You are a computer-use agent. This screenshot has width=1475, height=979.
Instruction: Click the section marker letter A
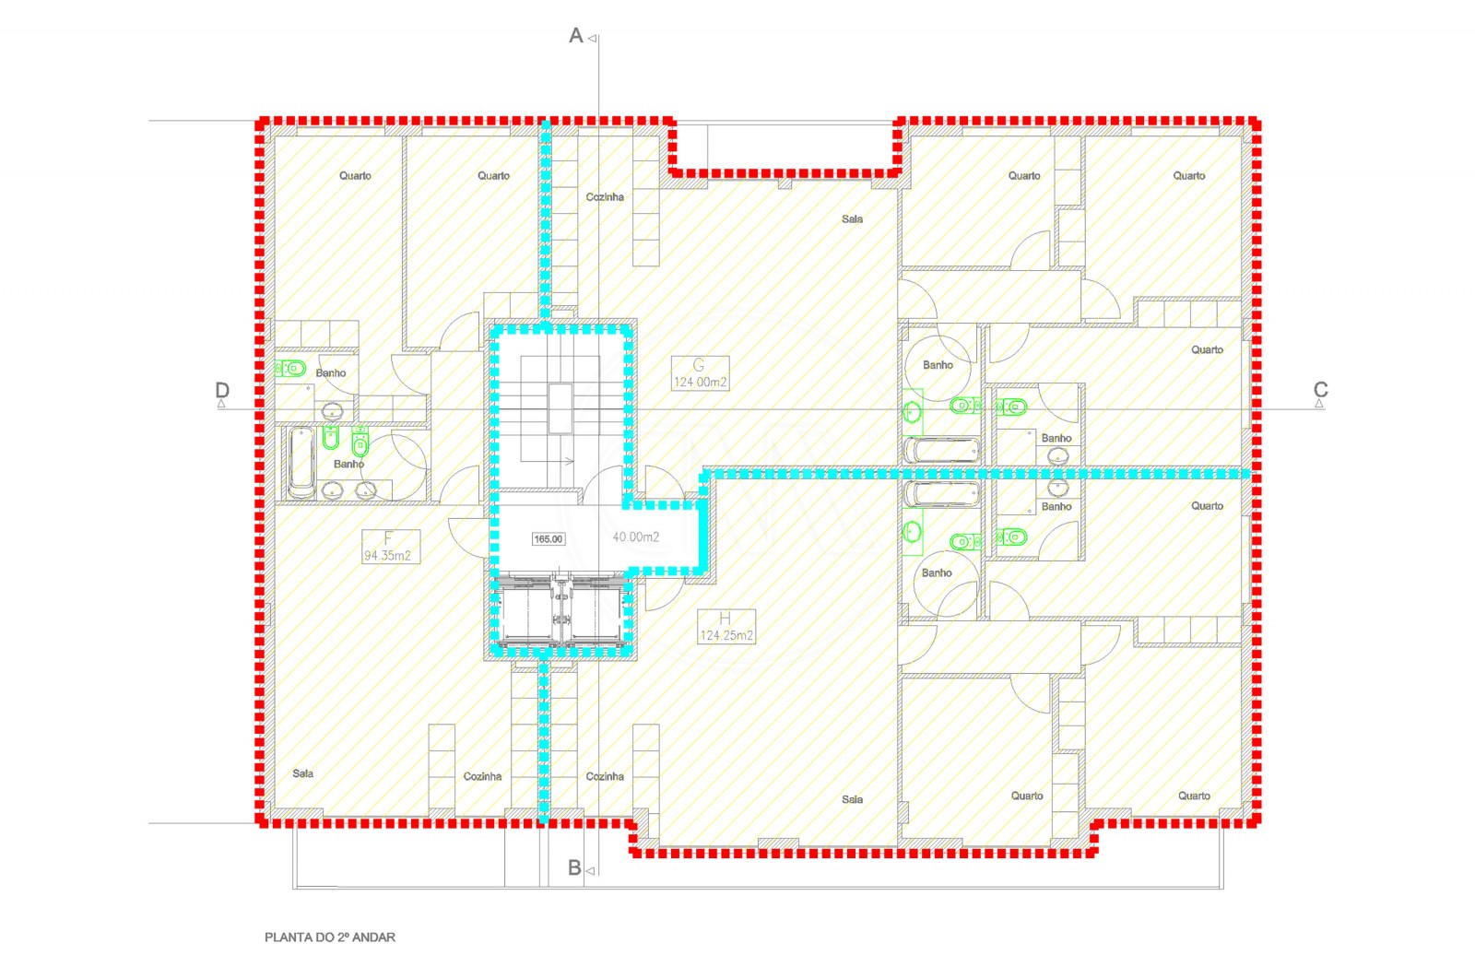pyautogui.click(x=576, y=36)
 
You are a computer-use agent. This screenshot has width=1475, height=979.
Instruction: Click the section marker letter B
pyautogui.click(x=574, y=868)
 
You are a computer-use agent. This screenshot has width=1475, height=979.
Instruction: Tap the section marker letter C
pyautogui.click(x=1320, y=390)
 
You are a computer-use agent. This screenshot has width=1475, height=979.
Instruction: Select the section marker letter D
pyautogui.click(x=222, y=390)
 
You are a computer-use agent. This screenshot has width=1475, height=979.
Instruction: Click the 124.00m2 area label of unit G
pyautogui.click(x=700, y=382)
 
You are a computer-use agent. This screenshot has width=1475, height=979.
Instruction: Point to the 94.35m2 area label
pyautogui.click(x=387, y=556)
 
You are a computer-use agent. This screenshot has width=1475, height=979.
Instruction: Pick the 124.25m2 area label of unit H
pyautogui.click(x=726, y=635)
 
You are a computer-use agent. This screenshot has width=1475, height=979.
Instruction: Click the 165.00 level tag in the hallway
pyautogui.click(x=548, y=539)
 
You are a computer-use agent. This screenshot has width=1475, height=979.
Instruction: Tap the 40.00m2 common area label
pyautogui.click(x=636, y=537)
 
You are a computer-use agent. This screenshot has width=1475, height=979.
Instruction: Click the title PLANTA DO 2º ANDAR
pyautogui.click(x=330, y=938)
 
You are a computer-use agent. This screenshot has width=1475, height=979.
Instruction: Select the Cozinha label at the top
pyautogui.click(x=605, y=197)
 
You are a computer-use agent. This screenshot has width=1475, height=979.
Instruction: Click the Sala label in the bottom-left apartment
pyautogui.click(x=302, y=773)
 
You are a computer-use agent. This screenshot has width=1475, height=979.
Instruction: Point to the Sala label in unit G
pyautogui.click(x=852, y=219)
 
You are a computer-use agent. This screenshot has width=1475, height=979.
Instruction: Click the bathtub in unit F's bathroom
pyautogui.click(x=301, y=461)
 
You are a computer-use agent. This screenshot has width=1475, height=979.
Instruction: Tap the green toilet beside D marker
pyautogui.click(x=292, y=369)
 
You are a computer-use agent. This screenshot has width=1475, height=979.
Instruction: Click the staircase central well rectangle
pyautogui.click(x=560, y=408)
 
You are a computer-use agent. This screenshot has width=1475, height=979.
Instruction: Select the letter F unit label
pyautogui.click(x=388, y=538)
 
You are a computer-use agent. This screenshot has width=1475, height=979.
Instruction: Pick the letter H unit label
pyautogui.click(x=725, y=619)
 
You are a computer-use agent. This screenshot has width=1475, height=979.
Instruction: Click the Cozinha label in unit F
pyautogui.click(x=482, y=776)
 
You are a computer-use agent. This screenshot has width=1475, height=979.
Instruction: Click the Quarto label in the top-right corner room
pyautogui.click(x=1188, y=175)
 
